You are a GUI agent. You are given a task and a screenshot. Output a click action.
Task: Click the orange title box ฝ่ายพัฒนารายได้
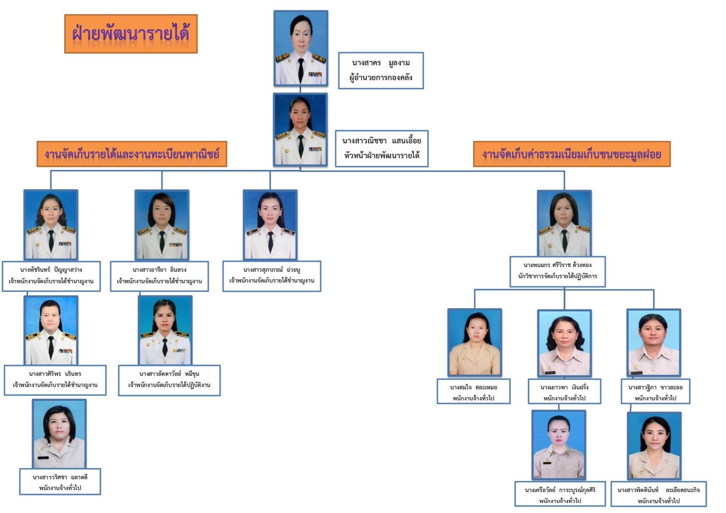pos(131,34)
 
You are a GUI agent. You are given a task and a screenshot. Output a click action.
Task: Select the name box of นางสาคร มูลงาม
pos(381,71)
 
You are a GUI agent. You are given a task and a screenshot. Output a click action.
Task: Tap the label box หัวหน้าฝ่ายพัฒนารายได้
pos(382,148)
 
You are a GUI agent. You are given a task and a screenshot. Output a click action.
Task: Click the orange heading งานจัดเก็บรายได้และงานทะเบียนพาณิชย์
pos(132,154)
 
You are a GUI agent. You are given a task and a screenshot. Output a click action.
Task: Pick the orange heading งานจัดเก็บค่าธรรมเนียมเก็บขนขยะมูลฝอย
pos(572,154)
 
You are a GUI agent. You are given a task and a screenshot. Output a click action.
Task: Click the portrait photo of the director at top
pos(301,48)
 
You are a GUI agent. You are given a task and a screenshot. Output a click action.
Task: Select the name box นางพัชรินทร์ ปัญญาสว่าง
pos(51,276)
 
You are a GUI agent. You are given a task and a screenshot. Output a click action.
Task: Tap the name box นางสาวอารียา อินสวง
pos(159,276)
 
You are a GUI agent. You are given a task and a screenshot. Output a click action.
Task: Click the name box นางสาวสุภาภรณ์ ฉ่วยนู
pos(272,276)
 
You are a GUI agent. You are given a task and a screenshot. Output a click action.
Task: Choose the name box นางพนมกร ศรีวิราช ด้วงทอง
pos(557,271)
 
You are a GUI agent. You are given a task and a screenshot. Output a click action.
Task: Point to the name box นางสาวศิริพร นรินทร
pos(55,380)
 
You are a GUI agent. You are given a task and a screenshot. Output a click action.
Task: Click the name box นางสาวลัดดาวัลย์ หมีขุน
pos(169,380)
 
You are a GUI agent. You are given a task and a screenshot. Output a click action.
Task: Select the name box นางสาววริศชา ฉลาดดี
pos(60,482)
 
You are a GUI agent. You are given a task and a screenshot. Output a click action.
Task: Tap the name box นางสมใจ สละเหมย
pos(474,392)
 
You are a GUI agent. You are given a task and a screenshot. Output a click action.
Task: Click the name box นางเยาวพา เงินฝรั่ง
pos(564,392)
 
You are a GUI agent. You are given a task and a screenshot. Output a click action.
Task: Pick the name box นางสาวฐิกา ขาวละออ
pos(655,392)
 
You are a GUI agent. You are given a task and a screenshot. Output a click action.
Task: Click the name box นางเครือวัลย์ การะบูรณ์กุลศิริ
pos(560,494)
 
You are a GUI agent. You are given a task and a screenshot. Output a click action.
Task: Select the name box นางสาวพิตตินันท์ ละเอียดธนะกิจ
pos(658,494)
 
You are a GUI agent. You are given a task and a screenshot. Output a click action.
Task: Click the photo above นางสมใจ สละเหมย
pos(474,342)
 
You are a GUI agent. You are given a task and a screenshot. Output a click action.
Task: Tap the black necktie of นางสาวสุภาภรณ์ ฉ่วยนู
pos(270,241)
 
